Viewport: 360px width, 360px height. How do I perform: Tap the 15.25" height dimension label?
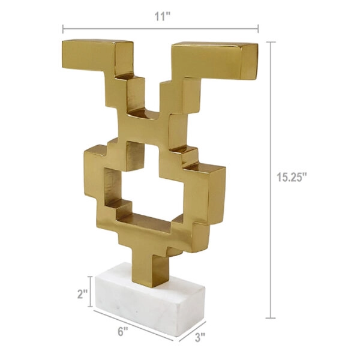coord(292,177)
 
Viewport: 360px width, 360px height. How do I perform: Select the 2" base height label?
coord(83,295)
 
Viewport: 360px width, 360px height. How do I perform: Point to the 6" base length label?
coord(124,332)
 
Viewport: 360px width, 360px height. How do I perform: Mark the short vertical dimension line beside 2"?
coord(92,291)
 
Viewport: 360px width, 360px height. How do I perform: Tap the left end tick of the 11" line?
coord(63,28)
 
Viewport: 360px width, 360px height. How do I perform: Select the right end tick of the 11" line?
coord(258,28)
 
